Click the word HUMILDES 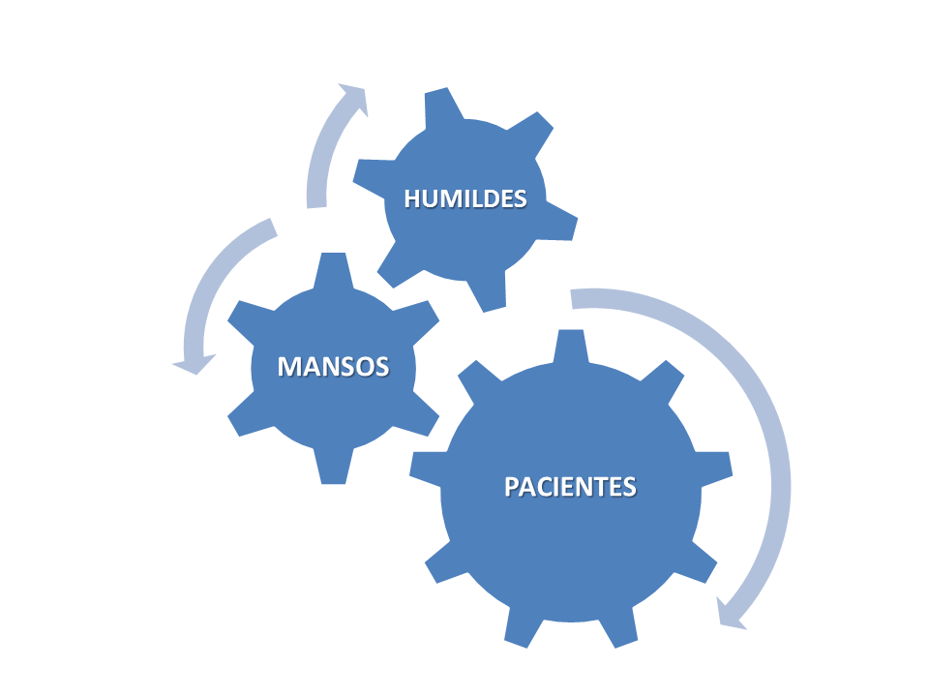[x=465, y=198]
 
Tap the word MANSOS [x=333, y=366]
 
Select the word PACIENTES [x=570, y=487]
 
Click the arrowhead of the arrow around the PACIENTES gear [x=730, y=614]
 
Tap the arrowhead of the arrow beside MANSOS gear [x=195, y=364]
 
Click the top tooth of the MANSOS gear [x=333, y=270]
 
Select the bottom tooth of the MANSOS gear [x=333, y=467]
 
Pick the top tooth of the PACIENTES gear [x=571, y=346]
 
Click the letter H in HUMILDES [x=412, y=198]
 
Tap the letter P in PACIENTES [x=511, y=487]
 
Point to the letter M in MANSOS [x=288, y=366]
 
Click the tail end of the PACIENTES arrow [x=572, y=299]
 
